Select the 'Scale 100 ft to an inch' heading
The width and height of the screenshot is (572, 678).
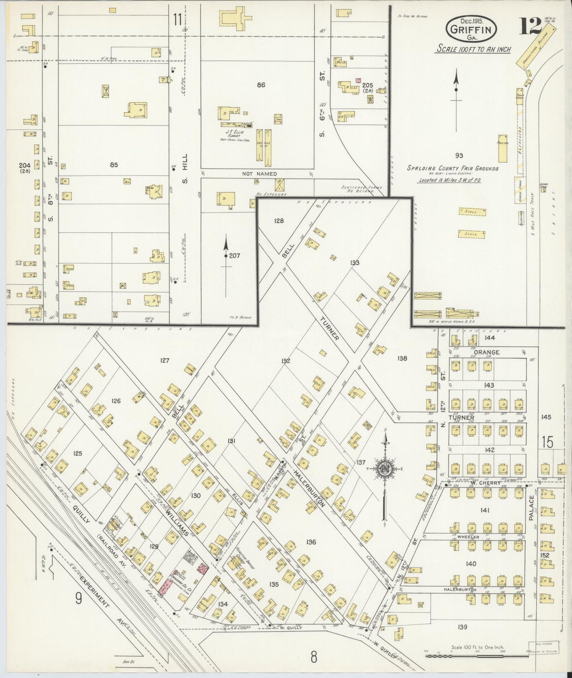[473, 49]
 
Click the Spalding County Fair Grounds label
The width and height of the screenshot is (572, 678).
[453, 169]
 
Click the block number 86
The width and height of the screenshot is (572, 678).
[261, 85]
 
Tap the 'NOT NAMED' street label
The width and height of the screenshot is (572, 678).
[260, 174]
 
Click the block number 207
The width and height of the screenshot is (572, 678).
[234, 256]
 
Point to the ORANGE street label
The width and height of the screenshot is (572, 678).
[486, 352]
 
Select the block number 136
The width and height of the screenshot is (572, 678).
[311, 542]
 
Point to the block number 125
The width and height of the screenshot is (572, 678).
[78, 453]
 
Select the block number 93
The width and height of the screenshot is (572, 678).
[459, 155]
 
